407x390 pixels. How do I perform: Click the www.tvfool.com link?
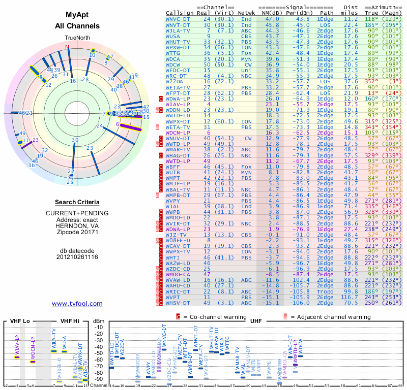(77, 304)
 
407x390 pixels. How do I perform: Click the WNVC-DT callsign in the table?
(179, 18)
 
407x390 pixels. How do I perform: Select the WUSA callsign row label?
(173, 36)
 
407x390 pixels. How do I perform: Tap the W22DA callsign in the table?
(175, 81)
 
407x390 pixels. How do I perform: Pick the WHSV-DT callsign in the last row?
(179, 303)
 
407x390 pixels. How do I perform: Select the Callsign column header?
(180, 12)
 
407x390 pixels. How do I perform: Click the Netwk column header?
(246, 12)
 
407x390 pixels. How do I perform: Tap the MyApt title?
(77, 15)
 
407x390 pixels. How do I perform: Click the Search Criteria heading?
(77, 202)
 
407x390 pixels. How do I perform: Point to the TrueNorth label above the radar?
(77, 38)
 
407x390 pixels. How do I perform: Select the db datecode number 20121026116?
(77, 256)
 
